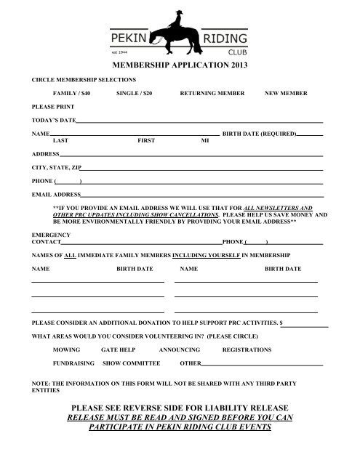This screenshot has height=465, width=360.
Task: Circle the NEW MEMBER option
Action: (286, 94)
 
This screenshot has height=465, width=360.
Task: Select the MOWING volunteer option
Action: (67, 349)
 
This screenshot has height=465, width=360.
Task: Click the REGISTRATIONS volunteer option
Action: (247, 349)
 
